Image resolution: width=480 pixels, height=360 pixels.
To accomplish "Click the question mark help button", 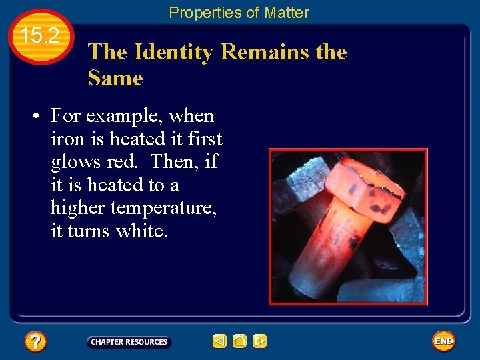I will (x=35, y=342).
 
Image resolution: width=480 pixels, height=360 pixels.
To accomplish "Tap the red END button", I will (x=443, y=341).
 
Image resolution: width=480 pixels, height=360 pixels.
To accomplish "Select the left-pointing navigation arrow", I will (x=219, y=341).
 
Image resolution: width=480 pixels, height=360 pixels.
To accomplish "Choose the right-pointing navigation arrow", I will (x=260, y=341).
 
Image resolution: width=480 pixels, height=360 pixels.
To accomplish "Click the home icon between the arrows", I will (x=240, y=341).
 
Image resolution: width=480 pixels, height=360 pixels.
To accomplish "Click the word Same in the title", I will (x=115, y=79).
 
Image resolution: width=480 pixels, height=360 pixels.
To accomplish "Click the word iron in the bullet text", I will (x=65, y=139).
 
